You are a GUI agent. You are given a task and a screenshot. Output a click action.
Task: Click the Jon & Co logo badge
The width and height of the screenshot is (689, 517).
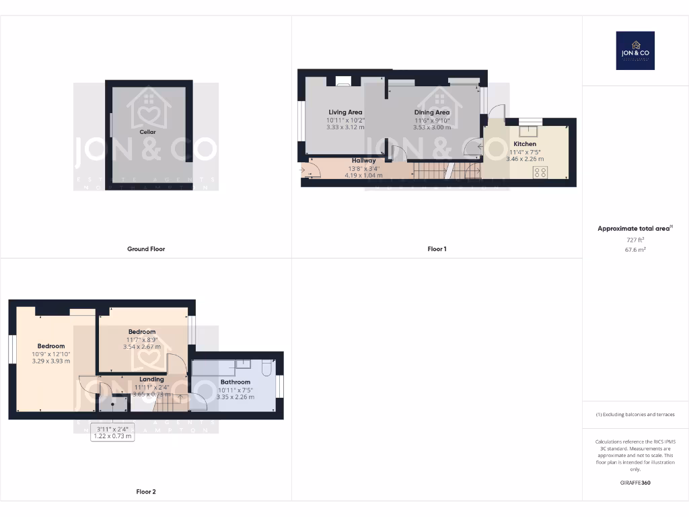point(635,50)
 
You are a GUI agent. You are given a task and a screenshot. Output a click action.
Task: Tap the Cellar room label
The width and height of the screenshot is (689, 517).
point(147,133)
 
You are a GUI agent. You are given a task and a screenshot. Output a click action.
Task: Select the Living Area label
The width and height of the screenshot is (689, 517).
point(345,112)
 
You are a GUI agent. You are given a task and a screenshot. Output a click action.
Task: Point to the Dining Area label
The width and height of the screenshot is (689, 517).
point(432,112)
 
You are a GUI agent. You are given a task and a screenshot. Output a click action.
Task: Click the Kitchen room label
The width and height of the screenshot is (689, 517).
point(525,144)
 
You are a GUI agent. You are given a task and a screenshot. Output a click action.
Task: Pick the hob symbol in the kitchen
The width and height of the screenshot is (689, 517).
point(540,172)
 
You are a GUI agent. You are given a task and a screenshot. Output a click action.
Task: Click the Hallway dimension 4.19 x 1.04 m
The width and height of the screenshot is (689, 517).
point(363,175)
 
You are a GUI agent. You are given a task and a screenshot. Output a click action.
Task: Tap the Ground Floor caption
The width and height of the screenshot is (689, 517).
point(146,249)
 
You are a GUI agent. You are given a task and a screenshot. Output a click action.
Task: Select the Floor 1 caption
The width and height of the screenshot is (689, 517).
point(437,249)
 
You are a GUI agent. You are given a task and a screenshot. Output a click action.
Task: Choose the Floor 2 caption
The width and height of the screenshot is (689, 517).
point(146,492)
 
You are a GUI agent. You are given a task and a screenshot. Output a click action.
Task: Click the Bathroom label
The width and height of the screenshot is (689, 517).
point(235,382)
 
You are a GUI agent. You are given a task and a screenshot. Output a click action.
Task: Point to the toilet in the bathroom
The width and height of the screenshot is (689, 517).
point(266,368)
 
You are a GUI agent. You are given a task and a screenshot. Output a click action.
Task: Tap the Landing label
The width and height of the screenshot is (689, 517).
point(151,380)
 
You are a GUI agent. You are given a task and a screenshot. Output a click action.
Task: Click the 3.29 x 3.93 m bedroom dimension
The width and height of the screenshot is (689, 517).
point(51,361)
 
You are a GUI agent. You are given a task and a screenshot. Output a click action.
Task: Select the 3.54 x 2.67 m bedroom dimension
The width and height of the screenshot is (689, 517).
point(142,347)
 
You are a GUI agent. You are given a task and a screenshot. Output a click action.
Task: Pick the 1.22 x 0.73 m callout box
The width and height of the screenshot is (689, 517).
point(113,433)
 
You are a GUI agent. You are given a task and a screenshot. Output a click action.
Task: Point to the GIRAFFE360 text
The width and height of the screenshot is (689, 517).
point(635,483)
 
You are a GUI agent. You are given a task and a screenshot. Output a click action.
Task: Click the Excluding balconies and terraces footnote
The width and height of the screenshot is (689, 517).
point(635,415)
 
